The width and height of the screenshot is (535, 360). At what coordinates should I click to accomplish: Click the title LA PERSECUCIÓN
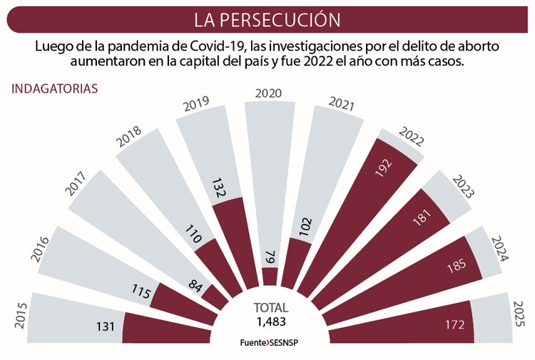coord(267,19)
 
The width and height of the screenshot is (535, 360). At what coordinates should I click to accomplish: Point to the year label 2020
coord(268,93)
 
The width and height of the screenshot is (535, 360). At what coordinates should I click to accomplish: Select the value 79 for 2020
coord(270,257)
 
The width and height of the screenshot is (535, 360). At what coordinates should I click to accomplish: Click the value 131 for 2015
coord(106,326)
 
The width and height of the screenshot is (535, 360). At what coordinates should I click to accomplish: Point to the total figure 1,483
coord(270,322)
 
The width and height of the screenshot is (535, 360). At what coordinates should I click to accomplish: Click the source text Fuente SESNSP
coord(270,342)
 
